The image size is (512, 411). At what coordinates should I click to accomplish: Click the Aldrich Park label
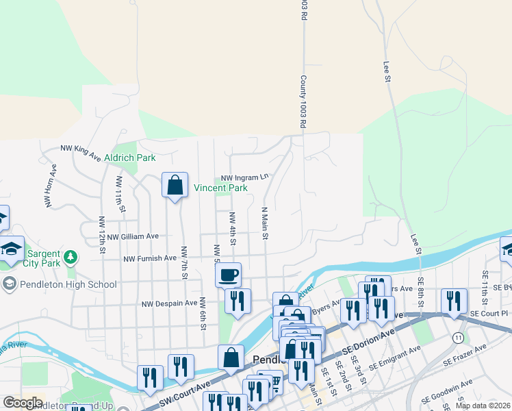tap(130, 158)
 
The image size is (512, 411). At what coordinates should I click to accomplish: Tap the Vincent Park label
tap(220, 188)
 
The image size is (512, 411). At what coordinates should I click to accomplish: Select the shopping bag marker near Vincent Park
tap(175, 184)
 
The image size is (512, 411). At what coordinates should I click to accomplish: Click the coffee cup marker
tap(229, 275)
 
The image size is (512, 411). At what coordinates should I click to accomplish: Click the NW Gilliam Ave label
tap(133, 236)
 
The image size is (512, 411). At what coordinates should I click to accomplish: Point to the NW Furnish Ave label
tap(149, 259)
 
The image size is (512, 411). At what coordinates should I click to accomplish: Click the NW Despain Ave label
tap(169, 303)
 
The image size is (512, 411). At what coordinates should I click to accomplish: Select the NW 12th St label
tap(102, 235)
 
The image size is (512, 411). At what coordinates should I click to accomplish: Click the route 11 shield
tap(457, 338)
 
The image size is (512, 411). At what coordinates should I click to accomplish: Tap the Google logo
tap(23, 403)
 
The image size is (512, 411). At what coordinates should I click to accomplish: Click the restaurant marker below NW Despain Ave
tap(237, 301)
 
